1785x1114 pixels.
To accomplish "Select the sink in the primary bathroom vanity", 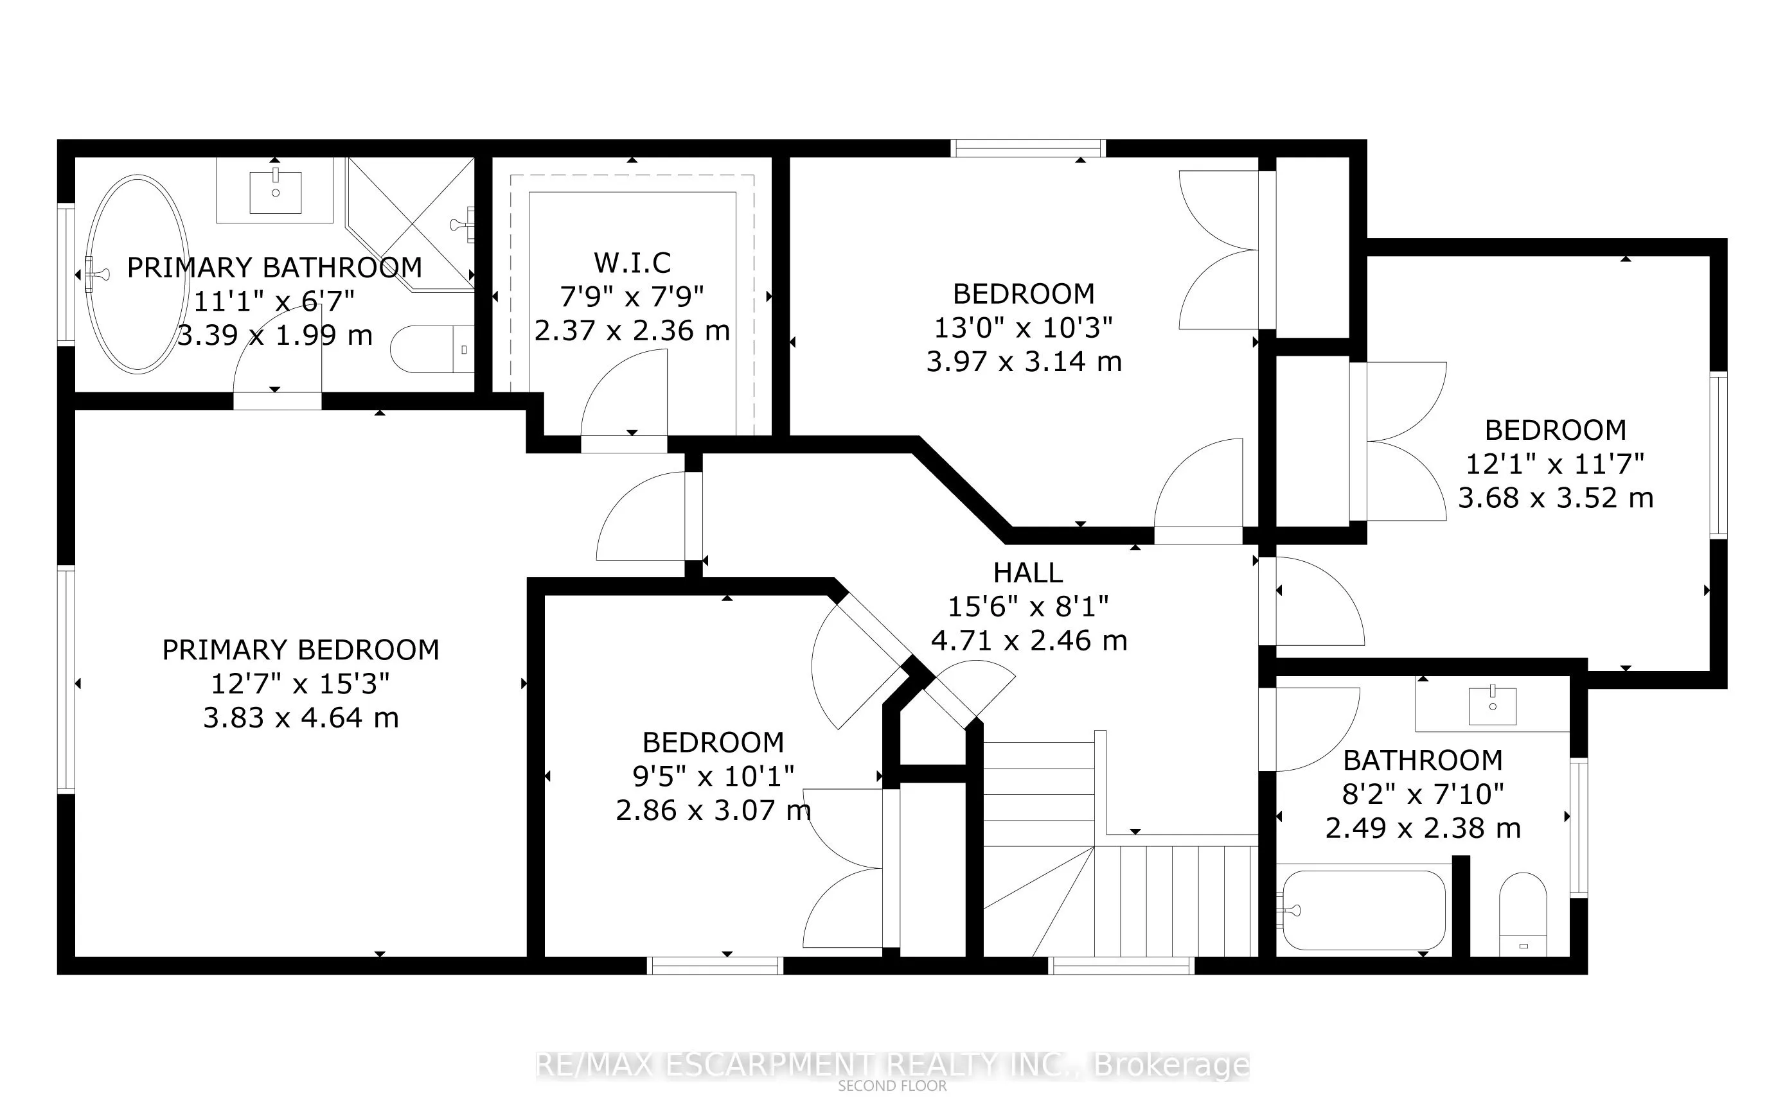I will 275,191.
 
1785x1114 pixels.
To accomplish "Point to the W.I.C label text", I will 632,263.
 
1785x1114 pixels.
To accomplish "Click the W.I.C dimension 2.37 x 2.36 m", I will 632,331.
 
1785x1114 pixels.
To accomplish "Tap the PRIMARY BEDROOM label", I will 300,650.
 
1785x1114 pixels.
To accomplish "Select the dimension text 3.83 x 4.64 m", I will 300,718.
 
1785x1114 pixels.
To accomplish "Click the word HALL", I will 1028,573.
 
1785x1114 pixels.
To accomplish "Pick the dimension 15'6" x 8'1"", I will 1028,606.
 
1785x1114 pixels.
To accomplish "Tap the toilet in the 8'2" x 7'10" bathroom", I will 1523,914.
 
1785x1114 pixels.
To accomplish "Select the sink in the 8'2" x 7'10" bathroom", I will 1492,706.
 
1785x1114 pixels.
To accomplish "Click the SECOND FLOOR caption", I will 892,1086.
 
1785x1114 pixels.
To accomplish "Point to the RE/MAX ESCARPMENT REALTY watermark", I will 892,1065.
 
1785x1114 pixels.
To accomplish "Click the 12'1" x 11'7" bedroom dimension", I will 1555,464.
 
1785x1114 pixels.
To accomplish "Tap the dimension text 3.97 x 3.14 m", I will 1024,361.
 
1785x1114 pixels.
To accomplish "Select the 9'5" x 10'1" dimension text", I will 713,776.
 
